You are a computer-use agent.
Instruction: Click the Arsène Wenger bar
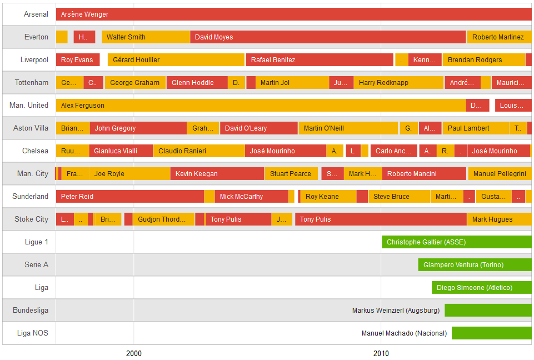(293, 14)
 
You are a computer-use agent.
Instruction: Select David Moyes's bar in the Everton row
(328, 37)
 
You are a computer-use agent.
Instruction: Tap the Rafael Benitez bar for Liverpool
(320, 60)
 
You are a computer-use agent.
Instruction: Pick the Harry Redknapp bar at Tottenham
(398, 83)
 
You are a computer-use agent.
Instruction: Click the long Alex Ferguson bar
(261, 106)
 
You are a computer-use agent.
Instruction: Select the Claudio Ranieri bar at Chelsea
(199, 151)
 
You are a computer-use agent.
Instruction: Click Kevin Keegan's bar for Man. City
(217, 174)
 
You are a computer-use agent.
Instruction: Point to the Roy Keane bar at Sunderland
(328, 197)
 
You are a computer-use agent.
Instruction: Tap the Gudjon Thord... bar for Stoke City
(163, 219)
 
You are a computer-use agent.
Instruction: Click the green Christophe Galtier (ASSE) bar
(457, 242)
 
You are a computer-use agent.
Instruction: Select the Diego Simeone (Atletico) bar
(482, 288)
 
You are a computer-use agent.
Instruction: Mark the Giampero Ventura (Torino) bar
(475, 265)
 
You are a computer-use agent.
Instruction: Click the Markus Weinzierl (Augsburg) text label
(396, 311)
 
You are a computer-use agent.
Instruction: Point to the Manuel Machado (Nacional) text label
(404, 333)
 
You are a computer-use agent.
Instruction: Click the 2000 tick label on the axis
(133, 353)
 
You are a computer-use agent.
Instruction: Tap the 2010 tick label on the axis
(381, 353)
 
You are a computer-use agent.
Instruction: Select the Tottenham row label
(32, 83)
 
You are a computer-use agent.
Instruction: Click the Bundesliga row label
(31, 311)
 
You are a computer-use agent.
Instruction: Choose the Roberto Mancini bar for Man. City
(424, 174)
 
